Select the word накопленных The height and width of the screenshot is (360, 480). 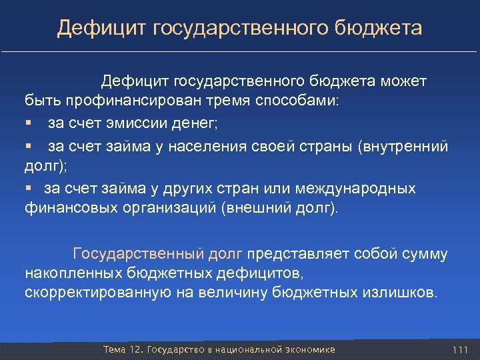click(x=73, y=273)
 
